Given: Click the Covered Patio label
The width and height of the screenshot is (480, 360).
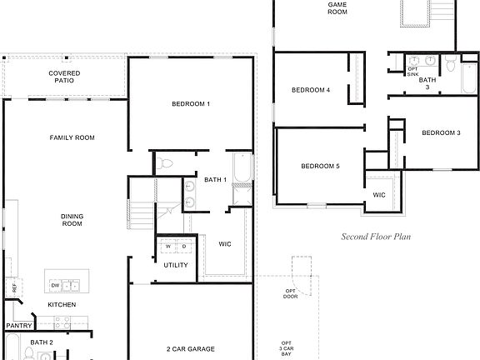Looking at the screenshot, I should (64, 77).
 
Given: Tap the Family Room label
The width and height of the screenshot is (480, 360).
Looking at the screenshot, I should (72, 137).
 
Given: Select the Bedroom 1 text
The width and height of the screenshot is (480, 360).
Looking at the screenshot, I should (191, 103).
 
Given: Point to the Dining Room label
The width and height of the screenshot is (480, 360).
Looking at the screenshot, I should (72, 220).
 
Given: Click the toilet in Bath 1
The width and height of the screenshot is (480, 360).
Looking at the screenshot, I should (164, 163).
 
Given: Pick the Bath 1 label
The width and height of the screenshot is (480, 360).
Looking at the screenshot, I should (216, 180).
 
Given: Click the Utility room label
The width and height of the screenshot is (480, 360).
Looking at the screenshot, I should (176, 265).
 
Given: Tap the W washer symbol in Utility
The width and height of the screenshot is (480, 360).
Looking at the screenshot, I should (168, 247).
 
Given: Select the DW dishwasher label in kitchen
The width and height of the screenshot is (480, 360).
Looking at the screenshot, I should (55, 284).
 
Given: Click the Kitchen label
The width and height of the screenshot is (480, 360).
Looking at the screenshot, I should (62, 305).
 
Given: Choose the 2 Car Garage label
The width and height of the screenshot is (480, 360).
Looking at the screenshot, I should (191, 348).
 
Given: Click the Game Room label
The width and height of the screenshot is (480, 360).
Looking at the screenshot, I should (337, 9).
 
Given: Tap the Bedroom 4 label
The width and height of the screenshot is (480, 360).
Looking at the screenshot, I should (311, 90).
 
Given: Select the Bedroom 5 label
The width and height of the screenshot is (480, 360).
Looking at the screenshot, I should (320, 166).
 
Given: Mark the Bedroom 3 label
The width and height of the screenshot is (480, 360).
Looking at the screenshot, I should (441, 132).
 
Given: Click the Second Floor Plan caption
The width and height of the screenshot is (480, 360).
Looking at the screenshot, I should (377, 237).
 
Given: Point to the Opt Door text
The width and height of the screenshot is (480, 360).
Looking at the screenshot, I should (290, 293).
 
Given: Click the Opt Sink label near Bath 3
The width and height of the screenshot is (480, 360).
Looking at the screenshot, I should (413, 71).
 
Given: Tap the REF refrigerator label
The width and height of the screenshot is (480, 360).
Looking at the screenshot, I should (14, 287).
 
